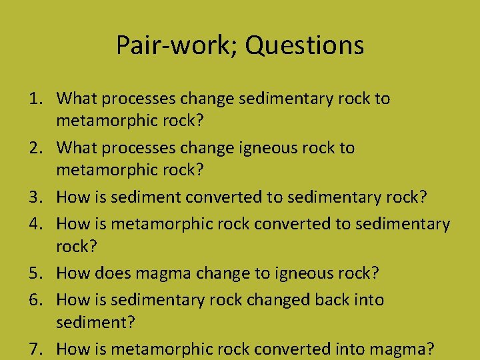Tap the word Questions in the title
(x=304, y=45)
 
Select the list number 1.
(x=35, y=99)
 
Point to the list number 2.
(x=35, y=147)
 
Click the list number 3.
(x=35, y=197)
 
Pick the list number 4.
(x=35, y=224)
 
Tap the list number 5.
(x=35, y=273)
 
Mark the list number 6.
(x=35, y=300)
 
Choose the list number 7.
(x=35, y=349)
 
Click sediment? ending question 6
(x=95, y=323)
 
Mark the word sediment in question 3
(x=150, y=197)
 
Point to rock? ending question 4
(x=77, y=247)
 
